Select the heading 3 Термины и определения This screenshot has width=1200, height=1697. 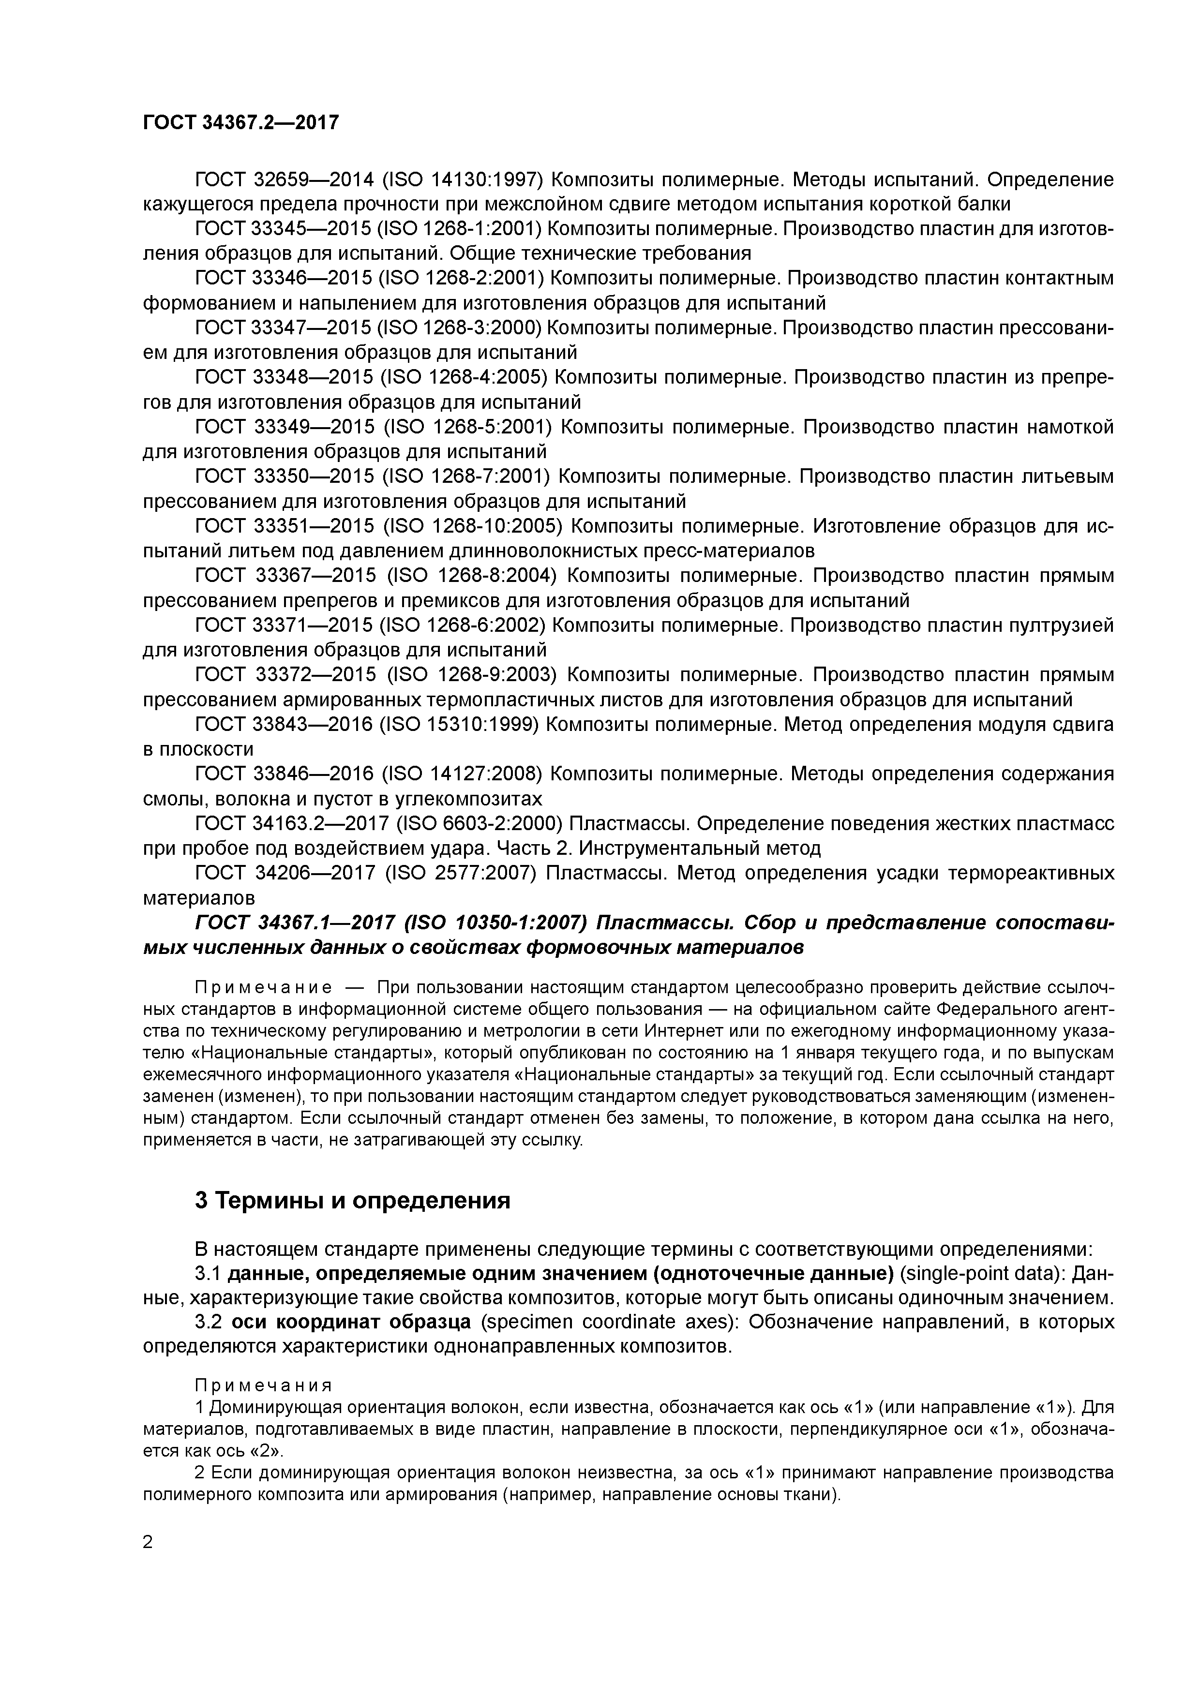(353, 1201)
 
